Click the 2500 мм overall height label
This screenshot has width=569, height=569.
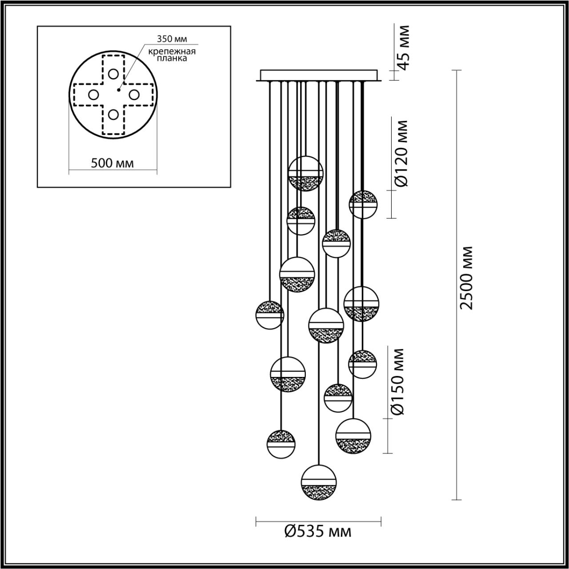point(467,278)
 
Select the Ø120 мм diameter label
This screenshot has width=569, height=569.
point(401,153)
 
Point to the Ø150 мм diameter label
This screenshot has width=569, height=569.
point(397,382)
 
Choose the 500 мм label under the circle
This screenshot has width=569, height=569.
point(112,163)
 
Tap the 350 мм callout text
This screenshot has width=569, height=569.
point(172,39)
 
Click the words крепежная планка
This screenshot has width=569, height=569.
point(172,55)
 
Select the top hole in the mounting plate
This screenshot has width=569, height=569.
point(113,74)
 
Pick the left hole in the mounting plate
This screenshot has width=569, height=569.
point(93,95)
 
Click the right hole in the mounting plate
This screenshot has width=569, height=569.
point(134,95)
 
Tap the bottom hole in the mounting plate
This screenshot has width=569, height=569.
point(113,114)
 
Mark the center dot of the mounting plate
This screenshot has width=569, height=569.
point(118,90)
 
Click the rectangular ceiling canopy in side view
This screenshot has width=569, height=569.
point(319,75)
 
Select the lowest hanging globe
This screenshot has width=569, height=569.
point(319,483)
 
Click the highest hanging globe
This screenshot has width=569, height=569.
point(305,174)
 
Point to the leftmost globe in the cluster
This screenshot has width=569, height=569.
point(269,315)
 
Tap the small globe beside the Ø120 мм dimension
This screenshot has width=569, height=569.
point(363,204)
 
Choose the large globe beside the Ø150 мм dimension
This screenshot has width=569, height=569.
point(353,436)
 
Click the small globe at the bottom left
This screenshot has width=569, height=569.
point(281,445)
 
